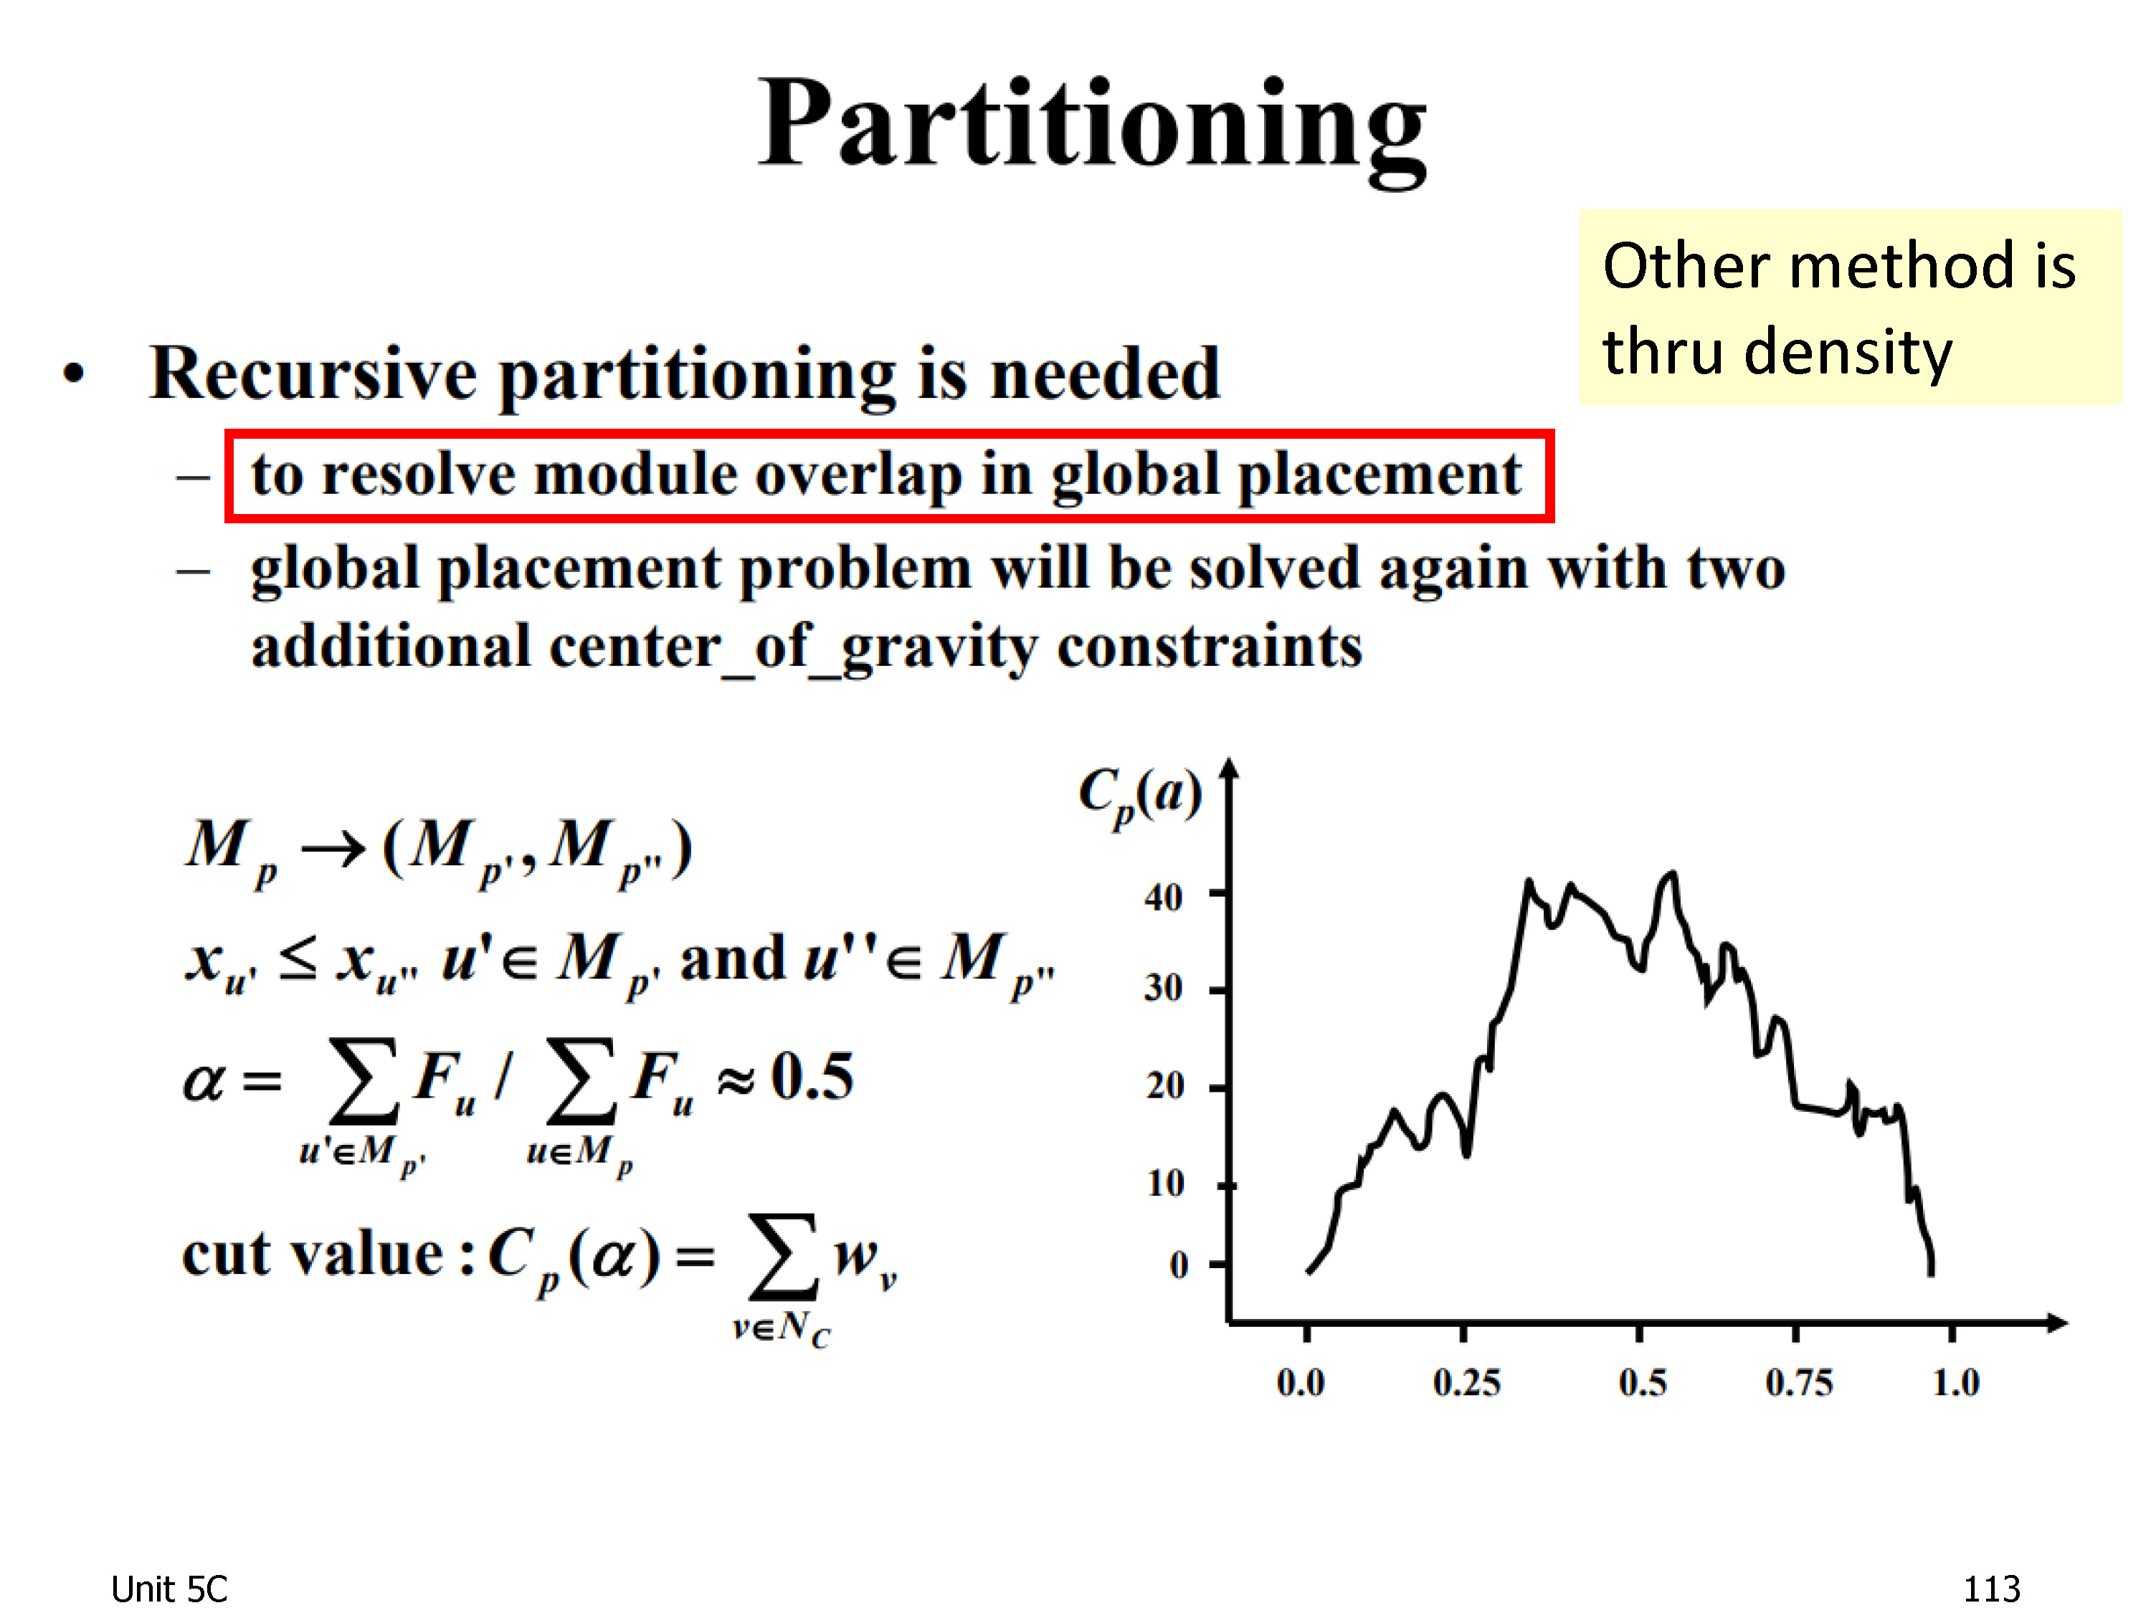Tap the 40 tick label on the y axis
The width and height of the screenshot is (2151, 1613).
[1163, 896]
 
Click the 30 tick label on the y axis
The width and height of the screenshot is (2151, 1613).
[1163, 988]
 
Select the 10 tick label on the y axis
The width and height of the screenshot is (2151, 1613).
[1165, 1184]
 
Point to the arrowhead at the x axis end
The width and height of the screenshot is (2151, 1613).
[2056, 1322]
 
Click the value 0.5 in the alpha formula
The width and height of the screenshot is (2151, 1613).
[812, 1077]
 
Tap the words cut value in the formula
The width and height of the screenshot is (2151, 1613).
[311, 1255]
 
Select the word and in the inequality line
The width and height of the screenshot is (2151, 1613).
[731, 958]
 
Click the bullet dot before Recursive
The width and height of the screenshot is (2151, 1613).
[74, 374]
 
